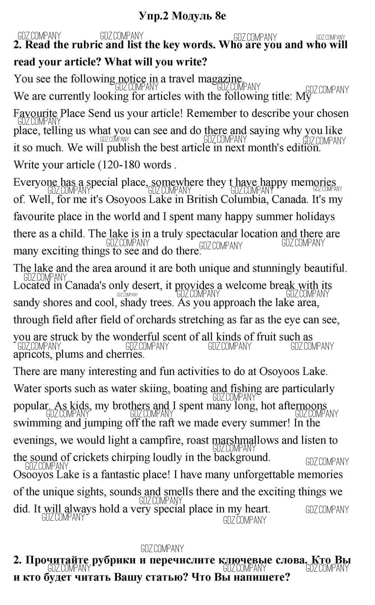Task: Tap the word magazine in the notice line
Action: click(x=220, y=79)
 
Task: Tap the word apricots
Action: click(x=33, y=355)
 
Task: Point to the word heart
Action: click(x=258, y=509)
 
